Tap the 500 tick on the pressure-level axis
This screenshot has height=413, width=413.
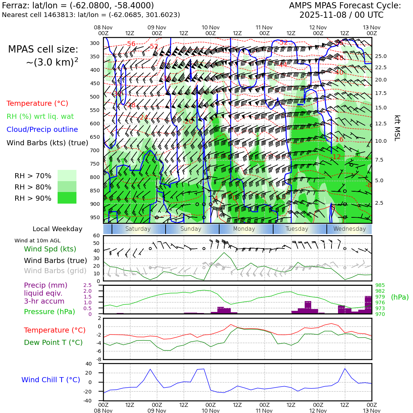(x=95, y=97)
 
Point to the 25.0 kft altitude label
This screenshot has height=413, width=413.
(x=381, y=56)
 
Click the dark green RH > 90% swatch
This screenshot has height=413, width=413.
(x=67, y=198)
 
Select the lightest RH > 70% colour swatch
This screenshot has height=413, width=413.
(x=67, y=175)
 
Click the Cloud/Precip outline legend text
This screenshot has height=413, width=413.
(x=42, y=129)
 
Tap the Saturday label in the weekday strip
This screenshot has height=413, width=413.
(x=138, y=229)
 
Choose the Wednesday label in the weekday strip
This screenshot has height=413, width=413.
(x=349, y=229)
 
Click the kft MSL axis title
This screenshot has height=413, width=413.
(x=397, y=128)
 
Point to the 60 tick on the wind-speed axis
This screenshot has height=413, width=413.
(x=96, y=235)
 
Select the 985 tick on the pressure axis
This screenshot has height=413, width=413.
(x=380, y=285)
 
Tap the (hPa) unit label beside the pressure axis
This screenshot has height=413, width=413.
(x=400, y=297)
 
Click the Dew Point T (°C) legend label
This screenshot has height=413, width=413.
(x=53, y=342)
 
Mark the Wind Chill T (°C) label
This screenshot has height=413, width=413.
(x=51, y=380)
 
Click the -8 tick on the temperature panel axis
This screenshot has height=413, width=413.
(x=98, y=359)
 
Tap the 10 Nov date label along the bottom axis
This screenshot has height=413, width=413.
(x=210, y=411)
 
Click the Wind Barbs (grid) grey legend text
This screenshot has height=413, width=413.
(x=55, y=271)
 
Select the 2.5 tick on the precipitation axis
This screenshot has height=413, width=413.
(x=88, y=285)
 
